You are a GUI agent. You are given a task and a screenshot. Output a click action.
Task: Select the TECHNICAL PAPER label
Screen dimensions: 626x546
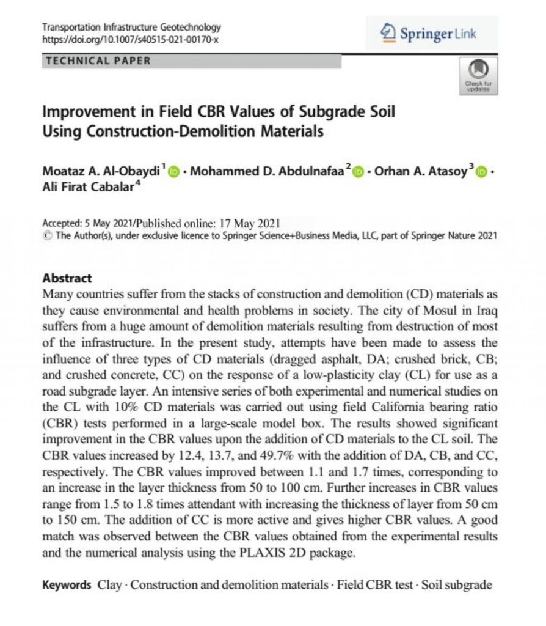[x=98, y=61]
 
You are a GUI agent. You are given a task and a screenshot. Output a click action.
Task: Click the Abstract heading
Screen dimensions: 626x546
[x=67, y=278]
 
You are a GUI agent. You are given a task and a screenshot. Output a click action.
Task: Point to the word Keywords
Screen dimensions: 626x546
[x=67, y=585]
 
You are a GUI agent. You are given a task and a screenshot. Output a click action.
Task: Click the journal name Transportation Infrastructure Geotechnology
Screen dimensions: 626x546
[x=131, y=27]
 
